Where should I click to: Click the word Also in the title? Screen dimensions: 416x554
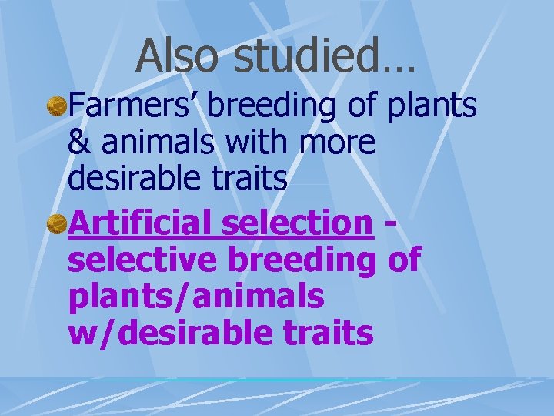point(179,57)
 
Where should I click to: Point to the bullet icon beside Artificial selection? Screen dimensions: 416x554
point(56,224)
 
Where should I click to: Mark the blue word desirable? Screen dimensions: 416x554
point(135,179)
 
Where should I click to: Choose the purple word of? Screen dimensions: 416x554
point(403,260)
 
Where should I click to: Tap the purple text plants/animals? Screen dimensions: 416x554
point(196,297)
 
